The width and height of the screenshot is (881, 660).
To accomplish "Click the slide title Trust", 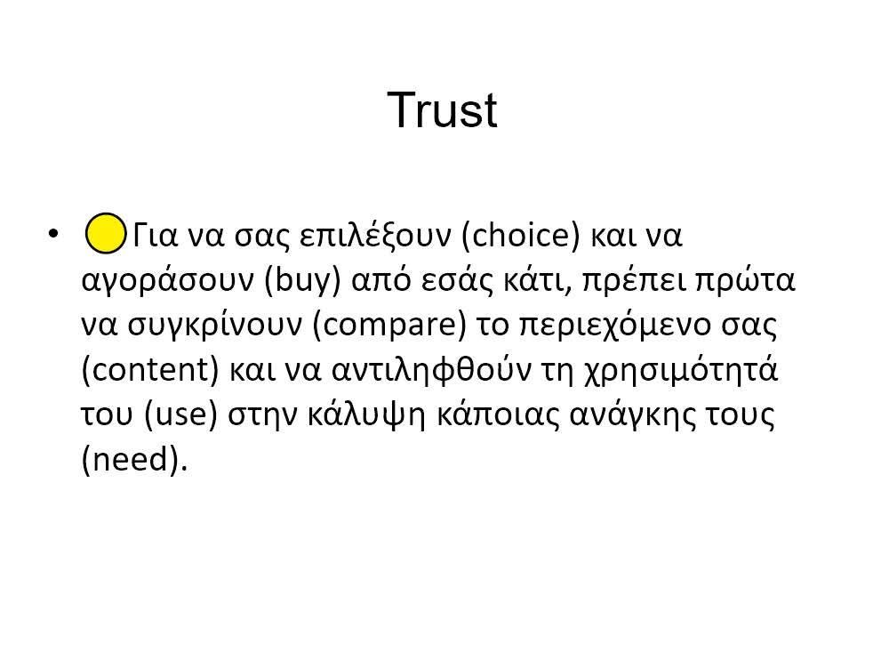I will click(x=442, y=111).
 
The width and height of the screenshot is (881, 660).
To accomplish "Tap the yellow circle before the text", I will click(x=106, y=234).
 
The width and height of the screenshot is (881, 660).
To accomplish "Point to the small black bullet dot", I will click(x=55, y=234).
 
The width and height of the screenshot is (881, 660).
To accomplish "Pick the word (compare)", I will click(x=389, y=326).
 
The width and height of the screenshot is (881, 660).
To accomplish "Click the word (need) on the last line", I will click(x=134, y=461).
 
